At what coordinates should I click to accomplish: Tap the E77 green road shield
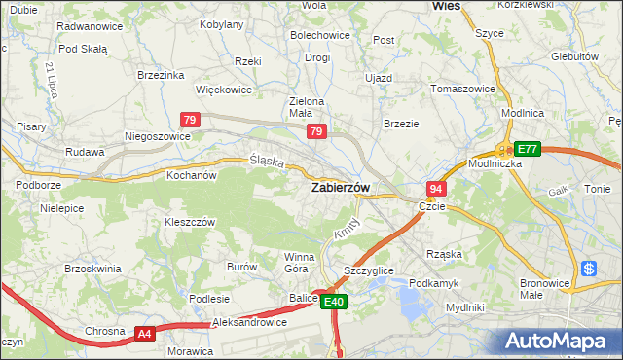click(527, 149)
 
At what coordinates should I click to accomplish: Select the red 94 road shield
click(436, 189)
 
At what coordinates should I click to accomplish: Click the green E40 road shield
click(334, 303)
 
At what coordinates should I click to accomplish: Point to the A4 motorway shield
click(144, 334)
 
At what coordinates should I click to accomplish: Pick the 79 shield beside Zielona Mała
click(315, 130)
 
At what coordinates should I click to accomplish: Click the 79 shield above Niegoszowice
click(191, 119)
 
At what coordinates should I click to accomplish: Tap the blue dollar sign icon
click(588, 269)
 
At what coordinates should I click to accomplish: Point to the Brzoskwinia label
click(91, 269)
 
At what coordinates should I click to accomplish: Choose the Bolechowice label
click(319, 36)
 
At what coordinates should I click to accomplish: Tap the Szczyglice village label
click(369, 270)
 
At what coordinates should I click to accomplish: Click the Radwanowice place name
click(91, 26)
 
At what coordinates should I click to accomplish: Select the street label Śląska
click(266, 161)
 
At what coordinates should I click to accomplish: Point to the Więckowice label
click(224, 90)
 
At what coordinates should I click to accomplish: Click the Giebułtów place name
click(574, 56)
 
